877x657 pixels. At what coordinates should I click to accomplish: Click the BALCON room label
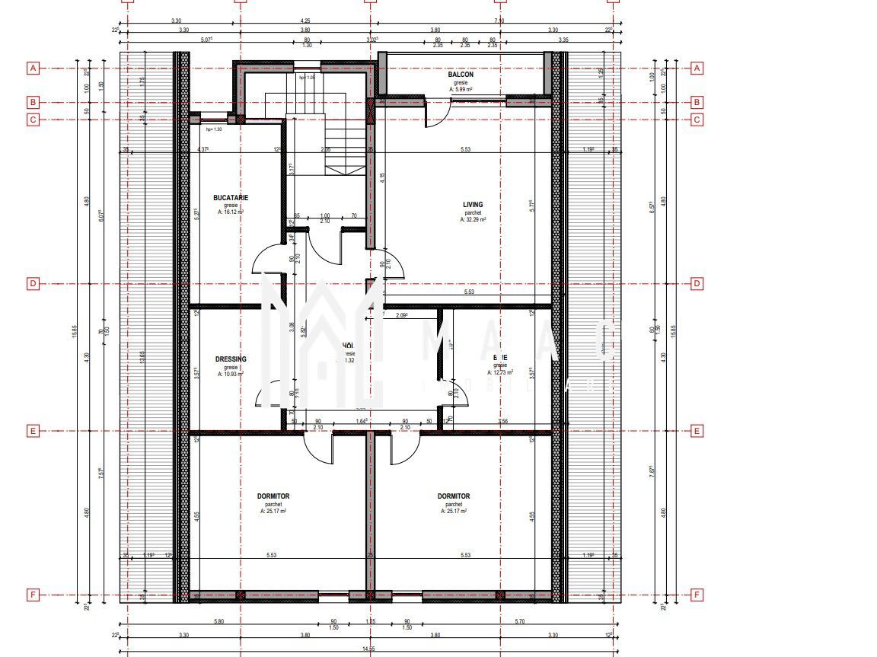point(461,75)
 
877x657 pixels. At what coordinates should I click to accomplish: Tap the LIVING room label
point(473,204)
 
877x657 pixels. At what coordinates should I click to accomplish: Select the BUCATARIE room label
point(231,198)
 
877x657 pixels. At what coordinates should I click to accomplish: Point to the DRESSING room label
point(231,359)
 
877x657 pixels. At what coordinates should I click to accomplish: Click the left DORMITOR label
point(273,496)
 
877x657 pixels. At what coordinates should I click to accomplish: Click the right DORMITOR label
point(454,496)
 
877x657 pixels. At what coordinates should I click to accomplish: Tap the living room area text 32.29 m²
point(473,219)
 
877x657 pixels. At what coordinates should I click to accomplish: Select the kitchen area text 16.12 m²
point(231,212)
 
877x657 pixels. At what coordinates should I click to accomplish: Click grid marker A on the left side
point(33,69)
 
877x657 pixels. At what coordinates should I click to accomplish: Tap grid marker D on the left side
point(33,284)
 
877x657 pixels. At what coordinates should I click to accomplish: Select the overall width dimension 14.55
point(368,648)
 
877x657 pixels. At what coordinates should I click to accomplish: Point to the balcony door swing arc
point(435,116)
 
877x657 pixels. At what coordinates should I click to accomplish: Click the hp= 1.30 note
point(214,129)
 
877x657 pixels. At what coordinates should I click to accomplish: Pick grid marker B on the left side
point(33,102)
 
